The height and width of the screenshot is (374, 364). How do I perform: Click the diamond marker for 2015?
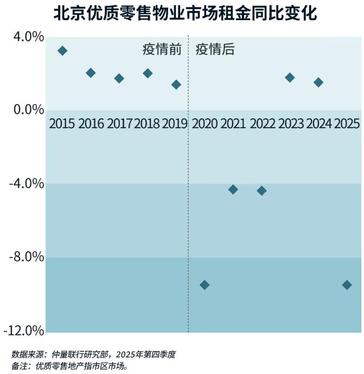(x=62, y=51)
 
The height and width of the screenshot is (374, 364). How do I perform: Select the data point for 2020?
(x=205, y=285)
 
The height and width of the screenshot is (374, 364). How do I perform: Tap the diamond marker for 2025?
(x=347, y=285)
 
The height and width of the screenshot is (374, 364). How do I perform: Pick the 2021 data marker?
(x=233, y=189)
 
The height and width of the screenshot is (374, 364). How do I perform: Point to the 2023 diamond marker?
(x=290, y=78)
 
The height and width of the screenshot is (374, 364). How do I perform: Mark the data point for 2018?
(x=148, y=73)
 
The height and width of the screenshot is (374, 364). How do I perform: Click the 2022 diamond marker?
(x=261, y=191)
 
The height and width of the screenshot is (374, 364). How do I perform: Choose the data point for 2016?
(x=91, y=73)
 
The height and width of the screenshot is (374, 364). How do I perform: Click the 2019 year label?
(x=175, y=124)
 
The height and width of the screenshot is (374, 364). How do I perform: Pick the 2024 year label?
(x=318, y=124)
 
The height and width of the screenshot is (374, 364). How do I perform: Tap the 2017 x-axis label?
(x=119, y=124)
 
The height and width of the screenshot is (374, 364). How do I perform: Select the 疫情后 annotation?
(x=215, y=49)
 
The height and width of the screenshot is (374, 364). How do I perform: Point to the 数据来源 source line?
(x=93, y=354)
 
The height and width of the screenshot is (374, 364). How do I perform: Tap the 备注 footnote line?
(x=69, y=366)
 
